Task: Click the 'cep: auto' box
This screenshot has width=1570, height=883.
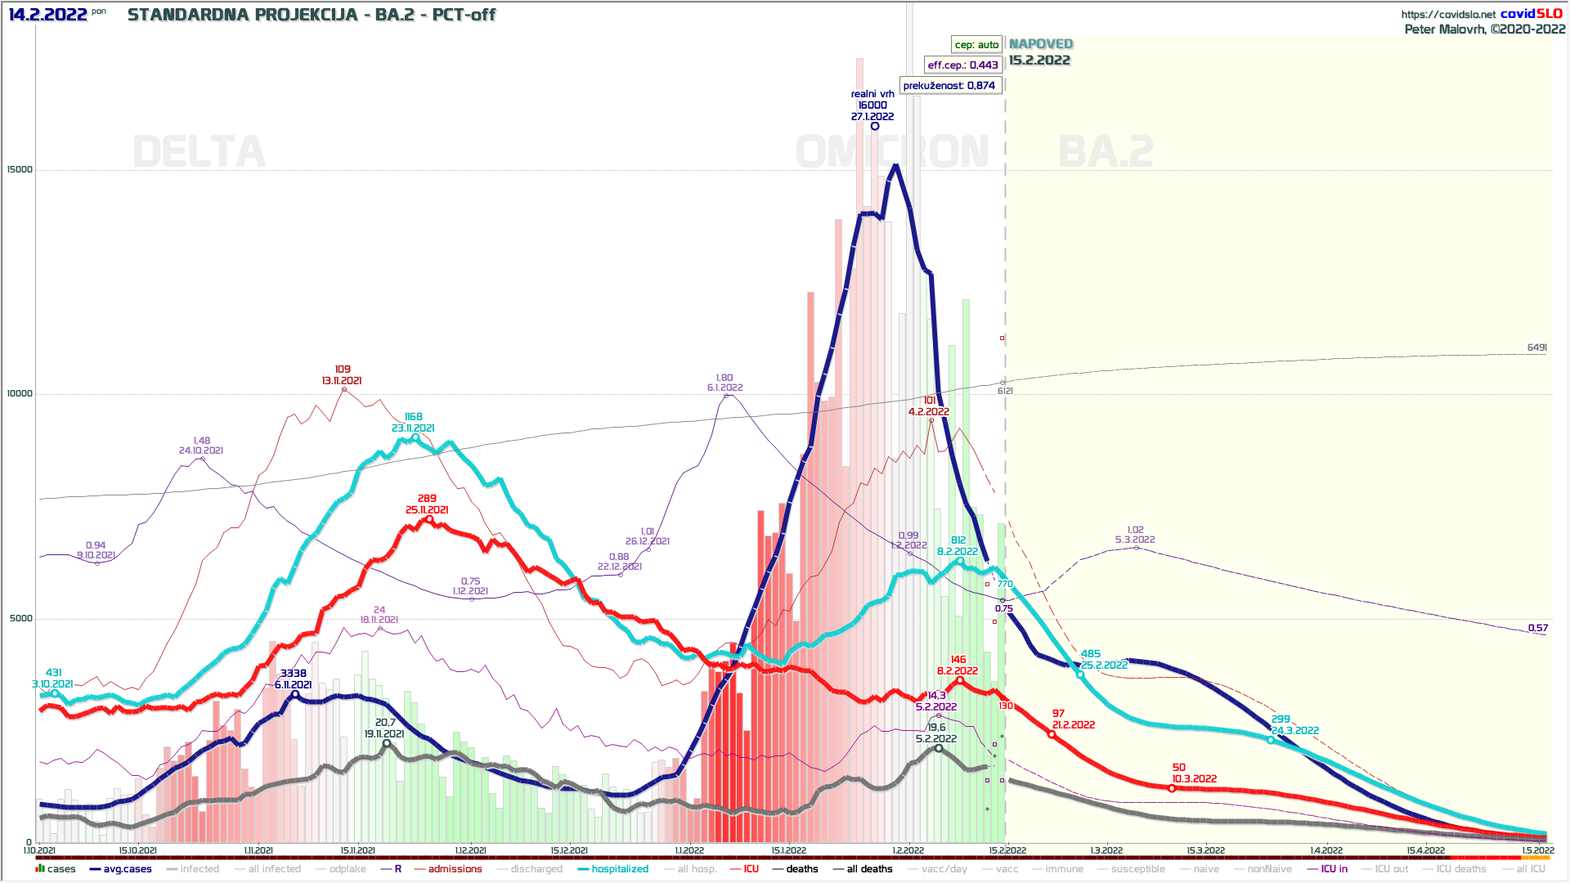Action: pos(976,45)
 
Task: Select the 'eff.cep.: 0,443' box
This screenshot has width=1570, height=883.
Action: pos(962,65)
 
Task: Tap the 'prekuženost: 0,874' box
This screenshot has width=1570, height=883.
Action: pos(949,85)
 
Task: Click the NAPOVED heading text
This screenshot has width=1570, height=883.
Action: pos(1040,44)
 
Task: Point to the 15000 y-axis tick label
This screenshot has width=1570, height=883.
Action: pos(20,170)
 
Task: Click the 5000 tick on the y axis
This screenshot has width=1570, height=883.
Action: pos(21,618)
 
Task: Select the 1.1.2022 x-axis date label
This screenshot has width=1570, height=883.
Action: pos(689,850)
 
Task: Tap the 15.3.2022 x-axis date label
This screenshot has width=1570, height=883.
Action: pos(1205,850)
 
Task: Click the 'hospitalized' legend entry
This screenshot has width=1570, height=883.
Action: pos(619,869)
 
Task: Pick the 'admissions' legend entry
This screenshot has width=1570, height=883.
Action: pos(455,869)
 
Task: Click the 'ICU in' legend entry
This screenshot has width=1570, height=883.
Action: pos(1334,869)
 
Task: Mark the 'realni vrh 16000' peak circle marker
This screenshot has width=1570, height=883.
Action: pos(874,126)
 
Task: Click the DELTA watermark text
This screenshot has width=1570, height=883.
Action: pos(199,152)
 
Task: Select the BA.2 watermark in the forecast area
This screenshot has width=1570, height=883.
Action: pos(1106,152)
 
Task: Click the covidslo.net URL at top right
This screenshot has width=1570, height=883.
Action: pos(1447,14)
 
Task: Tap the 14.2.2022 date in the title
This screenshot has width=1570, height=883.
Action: pos(47,15)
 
